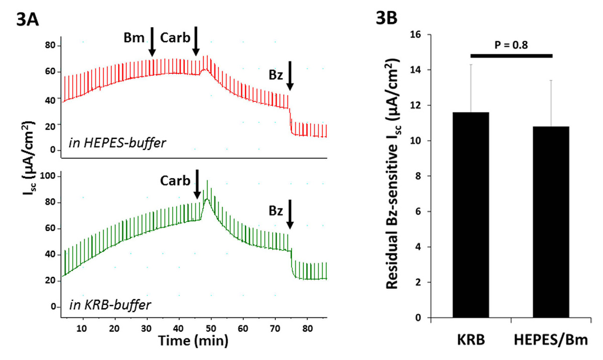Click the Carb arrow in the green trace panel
(x=197, y=184)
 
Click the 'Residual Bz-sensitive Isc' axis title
(x=396, y=176)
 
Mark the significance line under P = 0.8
(x=511, y=55)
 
